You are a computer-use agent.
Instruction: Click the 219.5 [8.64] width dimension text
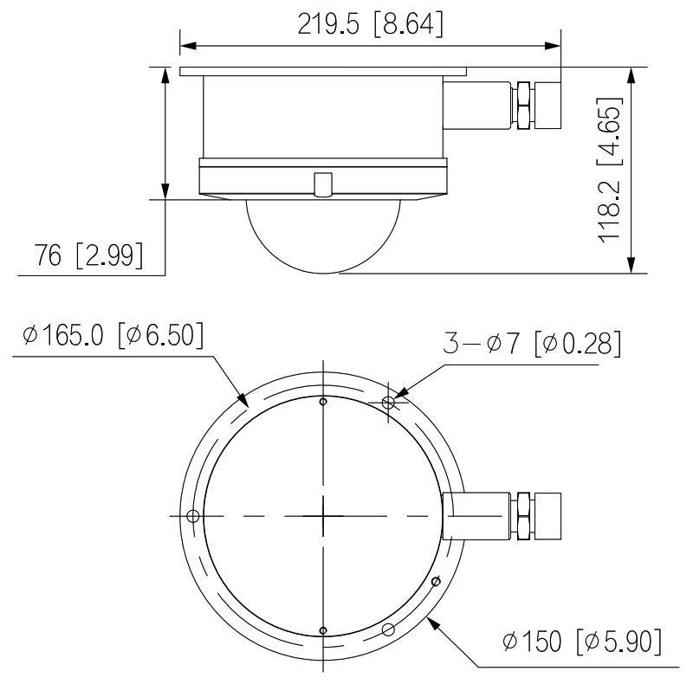pyautogui.click(x=370, y=25)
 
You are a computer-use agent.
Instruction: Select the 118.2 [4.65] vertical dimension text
pyautogui.click(x=611, y=172)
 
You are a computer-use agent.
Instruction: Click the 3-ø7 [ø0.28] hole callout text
pyautogui.click(x=532, y=344)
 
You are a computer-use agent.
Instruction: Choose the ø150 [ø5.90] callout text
pyautogui.click(x=583, y=642)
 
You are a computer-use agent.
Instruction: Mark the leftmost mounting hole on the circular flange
pyautogui.click(x=193, y=516)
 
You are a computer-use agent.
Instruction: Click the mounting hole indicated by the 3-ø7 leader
pyautogui.click(x=388, y=403)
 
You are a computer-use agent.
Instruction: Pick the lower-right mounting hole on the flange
pyautogui.click(x=388, y=629)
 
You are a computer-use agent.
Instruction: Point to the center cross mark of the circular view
pyautogui.click(x=322, y=516)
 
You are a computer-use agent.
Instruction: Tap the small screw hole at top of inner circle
pyautogui.click(x=322, y=402)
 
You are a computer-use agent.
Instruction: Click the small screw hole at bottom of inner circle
pyautogui.click(x=322, y=630)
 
